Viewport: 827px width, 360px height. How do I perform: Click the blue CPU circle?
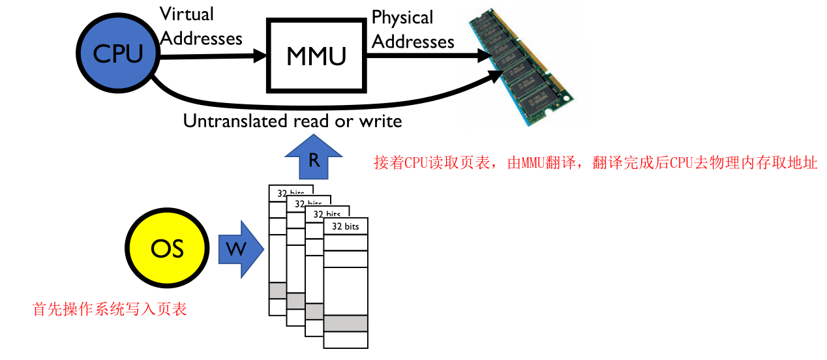tap(118, 53)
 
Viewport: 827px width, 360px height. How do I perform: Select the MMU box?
tap(316, 56)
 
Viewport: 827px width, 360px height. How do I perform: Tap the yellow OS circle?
tap(167, 248)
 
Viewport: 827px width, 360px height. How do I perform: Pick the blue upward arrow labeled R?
tap(314, 158)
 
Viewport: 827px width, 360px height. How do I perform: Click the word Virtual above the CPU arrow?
tap(187, 14)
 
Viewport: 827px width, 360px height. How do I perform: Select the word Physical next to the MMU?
tap(402, 18)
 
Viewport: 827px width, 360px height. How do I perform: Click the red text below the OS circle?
tap(110, 309)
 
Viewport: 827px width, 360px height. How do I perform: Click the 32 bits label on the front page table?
tap(346, 226)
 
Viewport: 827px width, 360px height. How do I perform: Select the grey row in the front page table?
tap(346, 323)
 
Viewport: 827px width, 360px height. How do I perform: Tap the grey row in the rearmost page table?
tap(277, 290)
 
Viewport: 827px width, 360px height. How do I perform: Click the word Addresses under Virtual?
tap(201, 38)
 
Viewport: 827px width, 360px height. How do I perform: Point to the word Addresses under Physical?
tap(413, 42)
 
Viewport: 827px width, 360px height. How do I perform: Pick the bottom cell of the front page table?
tap(346, 340)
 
